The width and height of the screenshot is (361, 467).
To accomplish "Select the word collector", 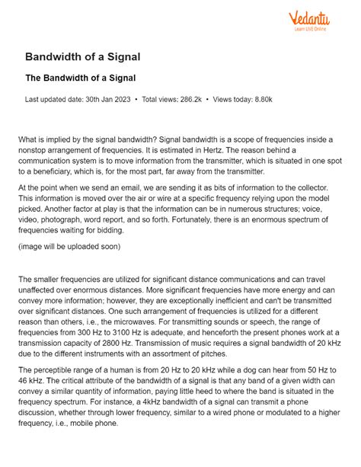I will click(x=311, y=187).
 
